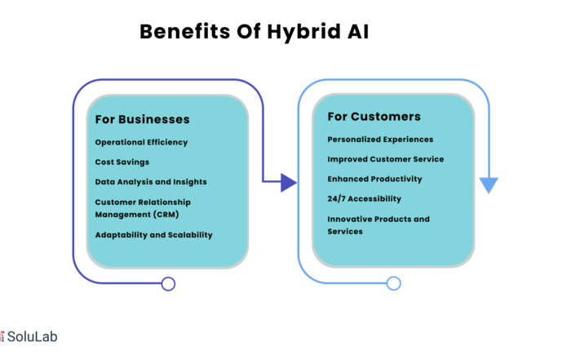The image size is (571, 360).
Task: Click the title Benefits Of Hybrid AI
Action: [255, 32]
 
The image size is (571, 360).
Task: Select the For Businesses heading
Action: [143, 119]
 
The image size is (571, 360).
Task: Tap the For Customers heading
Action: [374, 117]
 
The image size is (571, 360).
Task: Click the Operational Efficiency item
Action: [141, 143]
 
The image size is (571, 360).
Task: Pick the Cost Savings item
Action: [122, 162]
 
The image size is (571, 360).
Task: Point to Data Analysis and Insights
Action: [151, 182]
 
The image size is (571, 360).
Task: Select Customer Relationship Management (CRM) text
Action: [143, 208]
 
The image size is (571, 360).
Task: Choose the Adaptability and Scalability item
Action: [153, 235]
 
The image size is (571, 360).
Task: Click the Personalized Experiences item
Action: [380, 140]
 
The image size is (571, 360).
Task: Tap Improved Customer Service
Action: [386, 159]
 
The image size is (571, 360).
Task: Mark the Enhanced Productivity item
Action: [374, 179]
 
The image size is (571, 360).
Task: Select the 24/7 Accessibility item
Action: [364, 198]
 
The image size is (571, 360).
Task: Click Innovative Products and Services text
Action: [378, 225]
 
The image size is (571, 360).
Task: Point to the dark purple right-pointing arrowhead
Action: [289, 183]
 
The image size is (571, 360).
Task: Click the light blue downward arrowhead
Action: [489, 185]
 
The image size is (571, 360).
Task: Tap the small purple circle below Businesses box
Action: [168, 284]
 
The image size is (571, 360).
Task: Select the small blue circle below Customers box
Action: [394, 283]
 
